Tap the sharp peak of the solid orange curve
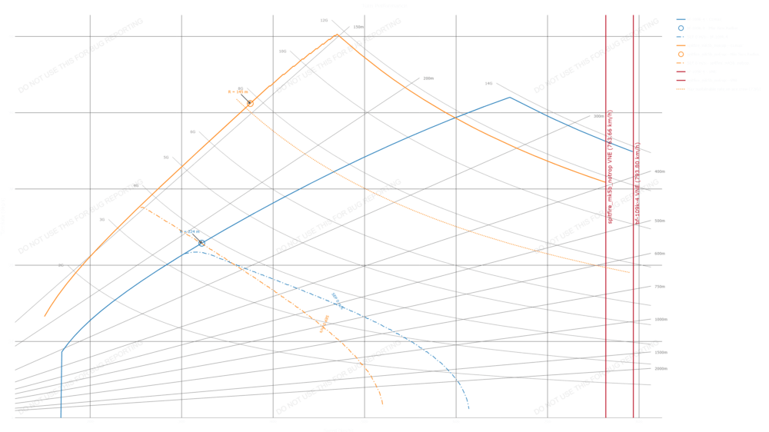coord(337,34)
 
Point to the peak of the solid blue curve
coord(508,97)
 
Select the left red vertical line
coord(606,215)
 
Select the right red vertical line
coord(634,215)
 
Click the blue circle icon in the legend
coord(681,27)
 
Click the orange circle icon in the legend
coord(681,54)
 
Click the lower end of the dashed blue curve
coord(468,408)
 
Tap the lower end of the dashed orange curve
coord(383,405)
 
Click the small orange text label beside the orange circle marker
coord(238,91)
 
